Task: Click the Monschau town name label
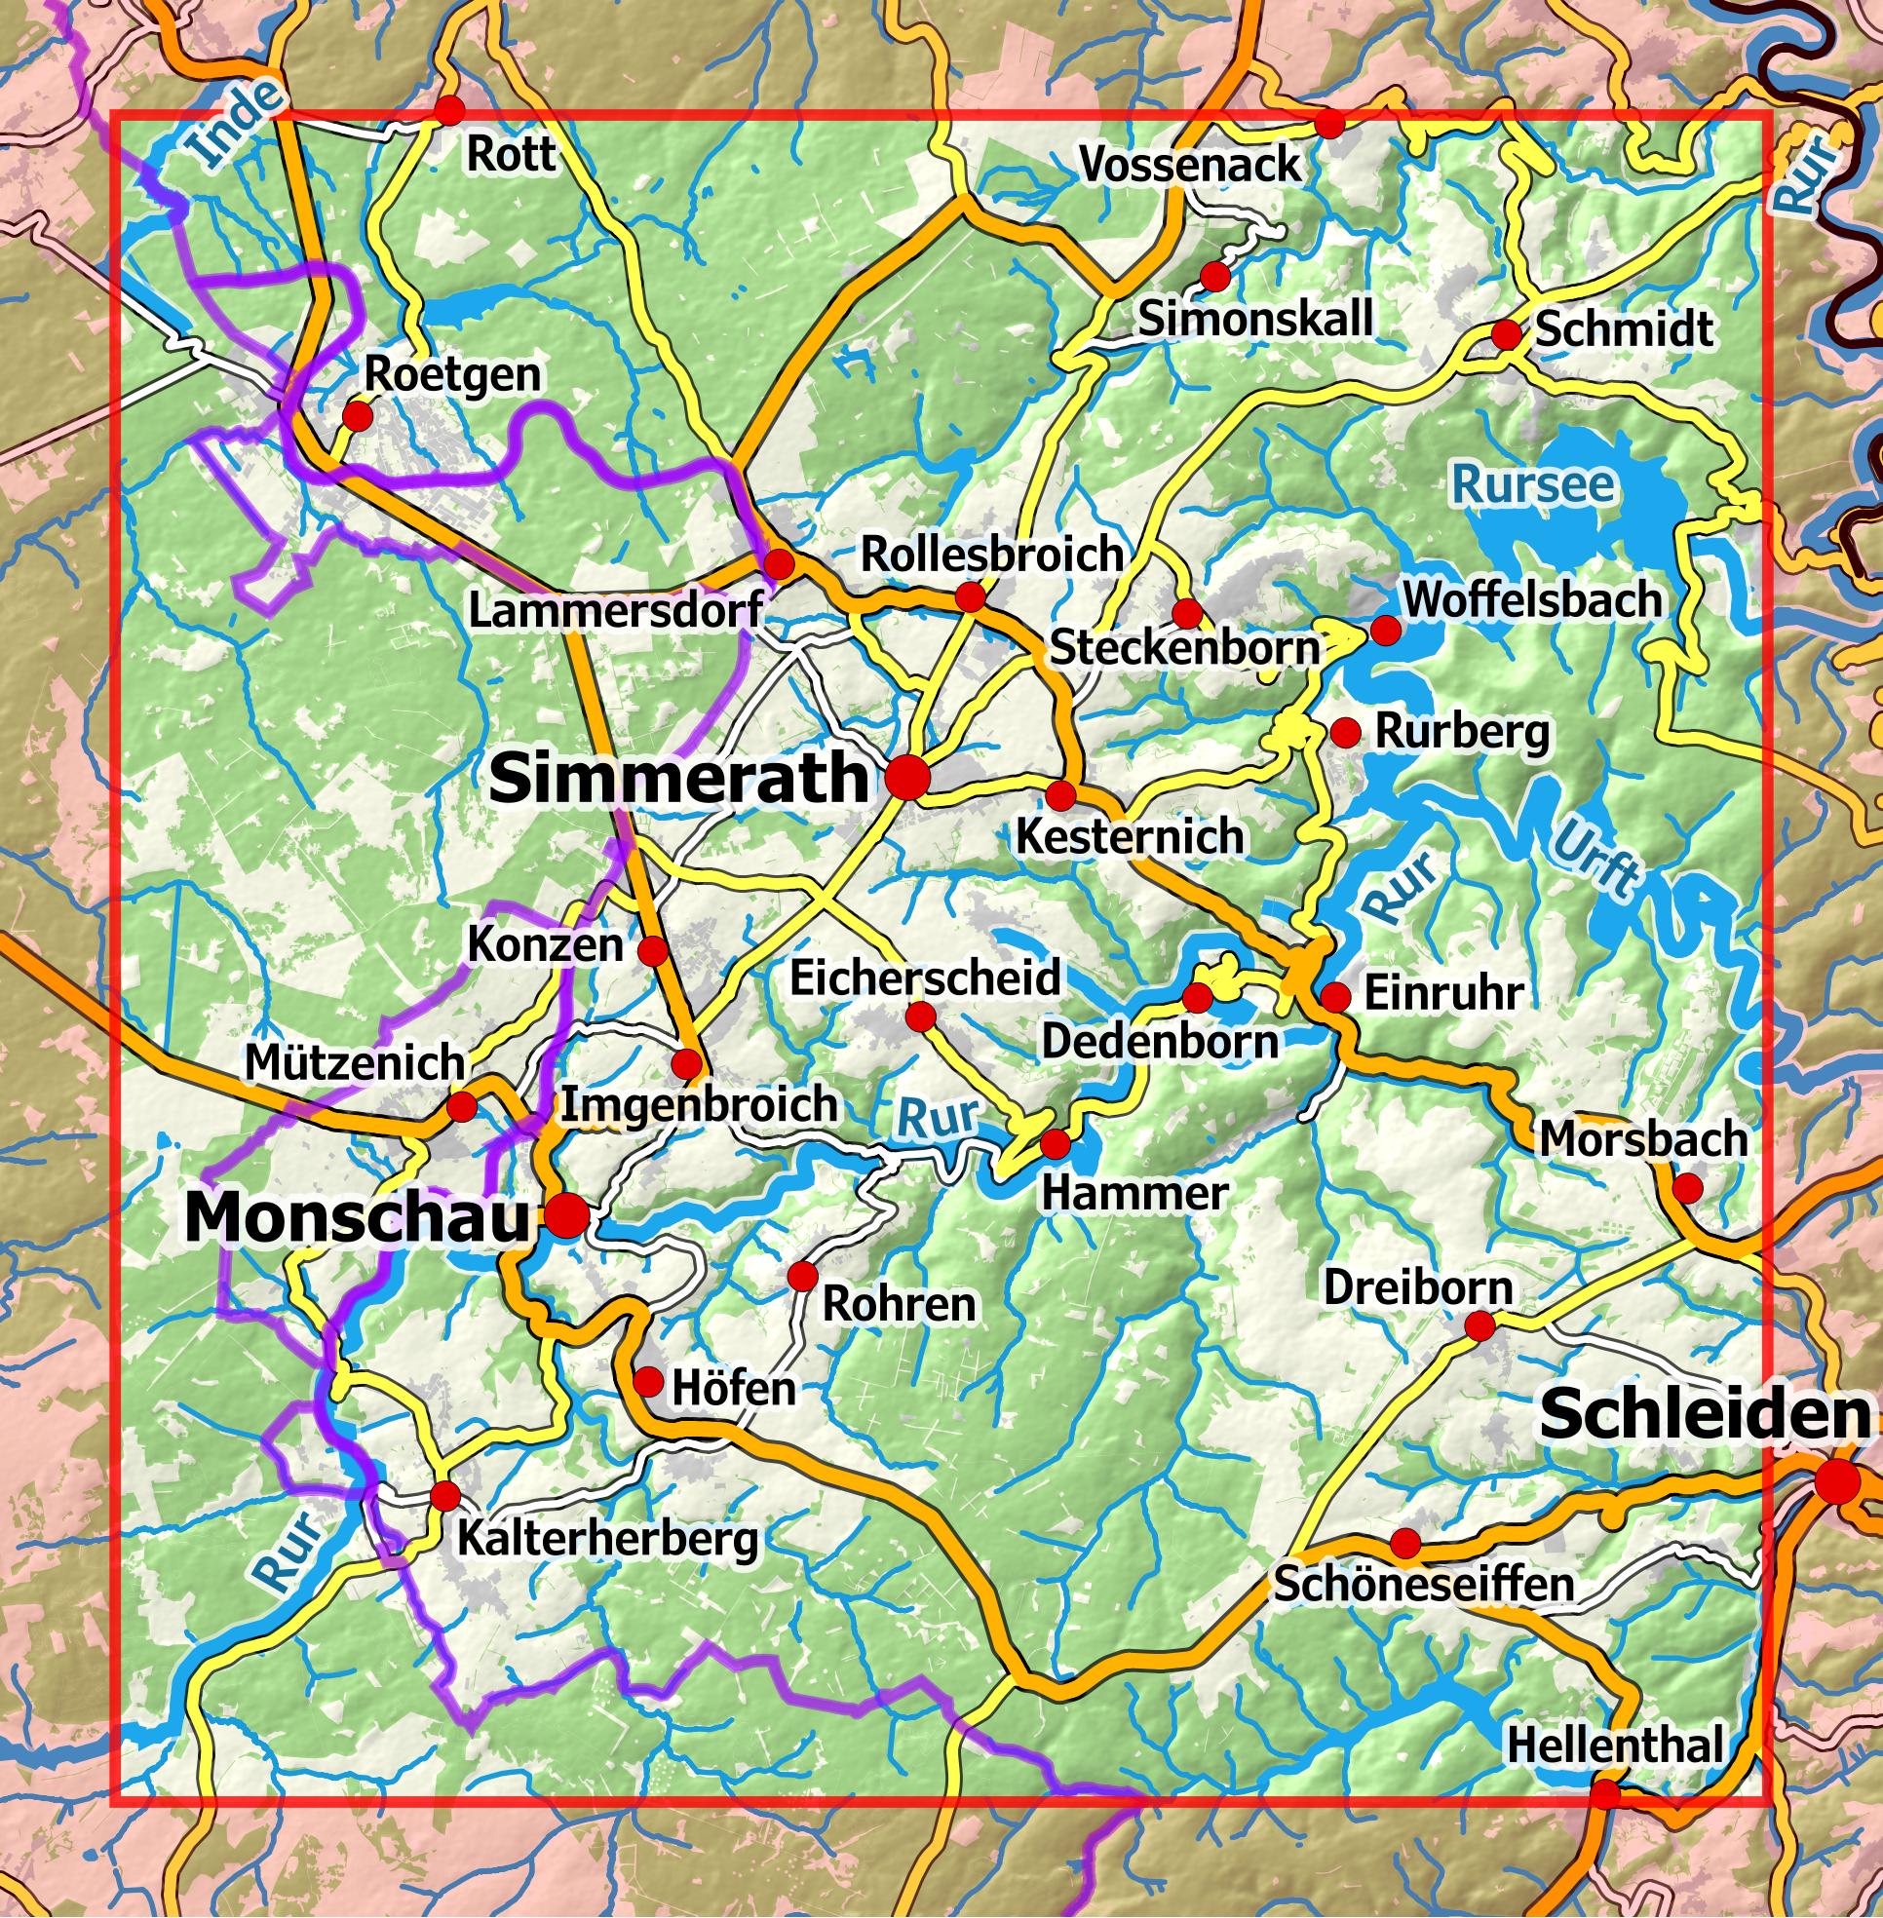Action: pyautogui.click(x=357, y=1218)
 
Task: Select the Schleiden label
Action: pyautogui.click(x=1705, y=1413)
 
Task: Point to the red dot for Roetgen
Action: pyautogui.click(x=356, y=415)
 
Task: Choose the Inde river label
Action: pyautogui.click(x=236, y=123)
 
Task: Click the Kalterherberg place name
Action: pyautogui.click(x=607, y=1539)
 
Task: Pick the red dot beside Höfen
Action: pyautogui.click(x=648, y=1382)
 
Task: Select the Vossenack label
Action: pyautogui.click(x=1190, y=164)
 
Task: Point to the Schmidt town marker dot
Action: pyautogui.click(x=1506, y=334)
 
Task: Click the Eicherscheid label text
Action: pyautogui.click(x=925, y=978)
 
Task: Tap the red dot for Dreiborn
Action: pyautogui.click(x=1479, y=1326)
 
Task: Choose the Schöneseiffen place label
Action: pyautogui.click(x=1423, y=1584)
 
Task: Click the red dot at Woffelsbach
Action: pyautogui.click(x=1386, y=630)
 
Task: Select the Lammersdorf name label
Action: pyautogui.click(x=615, y=609)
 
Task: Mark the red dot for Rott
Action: pyautogui.click(x=450, y=110)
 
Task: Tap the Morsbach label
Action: pyautogui.click(x=1642, y=1139)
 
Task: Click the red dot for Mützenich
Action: pyautogui.click(x=461, y=1107)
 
